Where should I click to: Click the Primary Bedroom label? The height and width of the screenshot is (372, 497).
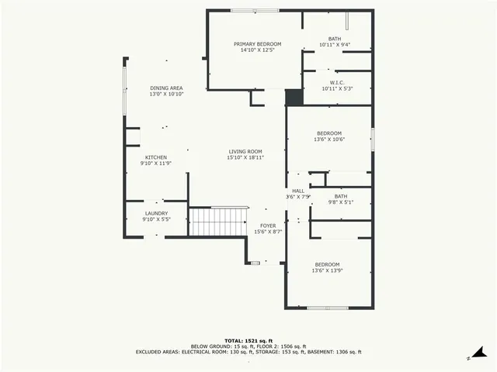[257, 44]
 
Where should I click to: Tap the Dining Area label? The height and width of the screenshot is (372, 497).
[166, 88]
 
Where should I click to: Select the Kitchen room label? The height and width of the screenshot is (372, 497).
[155, 157]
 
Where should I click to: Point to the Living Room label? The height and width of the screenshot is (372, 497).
[245, 151]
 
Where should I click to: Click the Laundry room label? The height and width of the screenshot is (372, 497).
[156, 213]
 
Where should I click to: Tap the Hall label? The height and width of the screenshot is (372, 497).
[298, 191]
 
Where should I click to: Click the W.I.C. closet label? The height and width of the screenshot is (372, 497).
[337, 82]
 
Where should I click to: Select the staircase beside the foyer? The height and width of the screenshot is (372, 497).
[219, 222]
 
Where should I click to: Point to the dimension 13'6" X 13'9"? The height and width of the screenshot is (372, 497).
[327, 271]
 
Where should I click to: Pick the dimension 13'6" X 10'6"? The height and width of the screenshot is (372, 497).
[328, 140]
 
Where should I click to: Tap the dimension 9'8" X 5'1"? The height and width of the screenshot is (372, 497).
[340, 202]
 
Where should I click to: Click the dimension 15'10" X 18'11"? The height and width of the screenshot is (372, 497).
[245, 157]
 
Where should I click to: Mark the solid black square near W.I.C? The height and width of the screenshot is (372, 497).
[294, 98]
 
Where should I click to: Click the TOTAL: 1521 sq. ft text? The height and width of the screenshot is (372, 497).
[248, 340]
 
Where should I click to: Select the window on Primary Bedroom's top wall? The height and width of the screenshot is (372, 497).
[255, 10]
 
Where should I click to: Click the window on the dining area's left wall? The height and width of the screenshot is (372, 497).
[124, 93]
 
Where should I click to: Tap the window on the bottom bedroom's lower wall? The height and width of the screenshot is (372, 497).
[327, 308]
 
